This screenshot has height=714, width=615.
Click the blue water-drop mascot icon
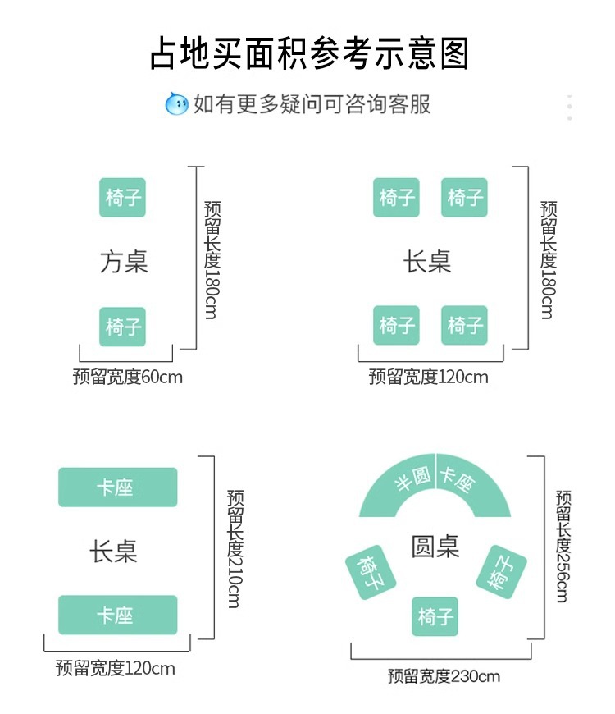[x=176, y=104]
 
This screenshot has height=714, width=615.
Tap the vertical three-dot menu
[x=570, y=108]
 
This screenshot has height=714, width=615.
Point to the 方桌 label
[x=123, y=262]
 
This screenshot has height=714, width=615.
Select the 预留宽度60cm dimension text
[x=127, y=378]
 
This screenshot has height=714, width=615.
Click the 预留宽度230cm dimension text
[x=444, y=676]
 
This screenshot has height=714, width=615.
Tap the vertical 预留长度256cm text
[x=563, y=546]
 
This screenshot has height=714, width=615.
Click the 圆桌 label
[x=435, y=547]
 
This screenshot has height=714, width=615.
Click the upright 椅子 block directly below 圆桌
[x=435, y=617]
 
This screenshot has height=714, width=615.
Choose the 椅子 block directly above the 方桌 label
[x=123, y=198]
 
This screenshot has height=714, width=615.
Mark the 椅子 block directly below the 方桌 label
[x=123, y=327]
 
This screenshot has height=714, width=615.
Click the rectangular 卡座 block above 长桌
[x=117, y=487]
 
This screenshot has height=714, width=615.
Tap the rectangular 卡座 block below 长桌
[x=117, y=616]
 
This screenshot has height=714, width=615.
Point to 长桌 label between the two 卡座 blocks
[x=114, y=551]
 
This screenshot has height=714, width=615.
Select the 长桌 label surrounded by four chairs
[x=427, y=262]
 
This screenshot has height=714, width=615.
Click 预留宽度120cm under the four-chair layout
[x=428, y=378]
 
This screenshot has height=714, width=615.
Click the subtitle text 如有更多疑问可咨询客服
[x=312, y=104]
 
